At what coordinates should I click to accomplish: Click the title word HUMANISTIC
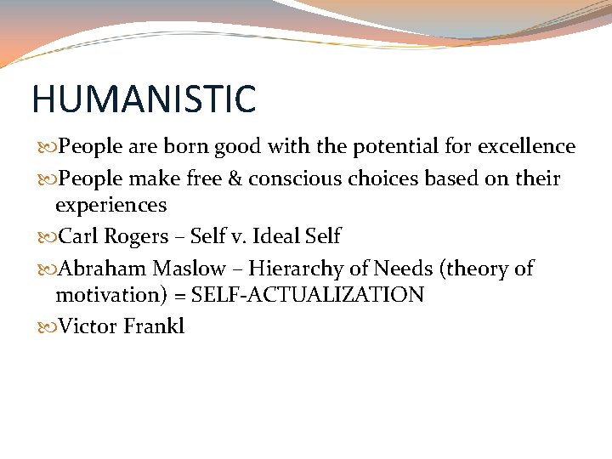(x=143, y=99)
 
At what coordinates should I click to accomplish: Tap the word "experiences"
(x=110, y=206)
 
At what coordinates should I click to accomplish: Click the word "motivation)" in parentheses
(x=109, y=296)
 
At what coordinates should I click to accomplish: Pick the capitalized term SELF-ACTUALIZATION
(x=308, y=296)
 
